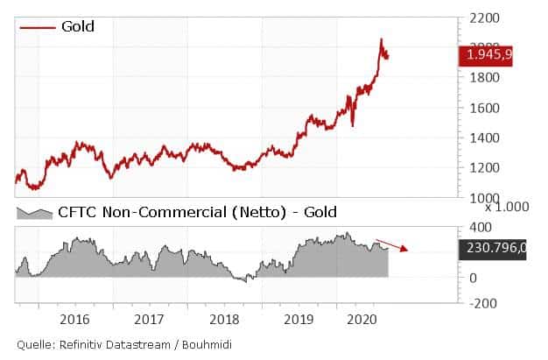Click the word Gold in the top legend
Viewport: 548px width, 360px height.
(78, 27)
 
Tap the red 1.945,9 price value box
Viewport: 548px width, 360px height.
(490, 55)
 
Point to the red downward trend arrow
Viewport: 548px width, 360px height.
(392, 244)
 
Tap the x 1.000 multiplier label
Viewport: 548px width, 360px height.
(507, 208)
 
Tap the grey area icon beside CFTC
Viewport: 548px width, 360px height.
(36, 213)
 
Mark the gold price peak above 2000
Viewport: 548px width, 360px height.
(381, 39)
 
